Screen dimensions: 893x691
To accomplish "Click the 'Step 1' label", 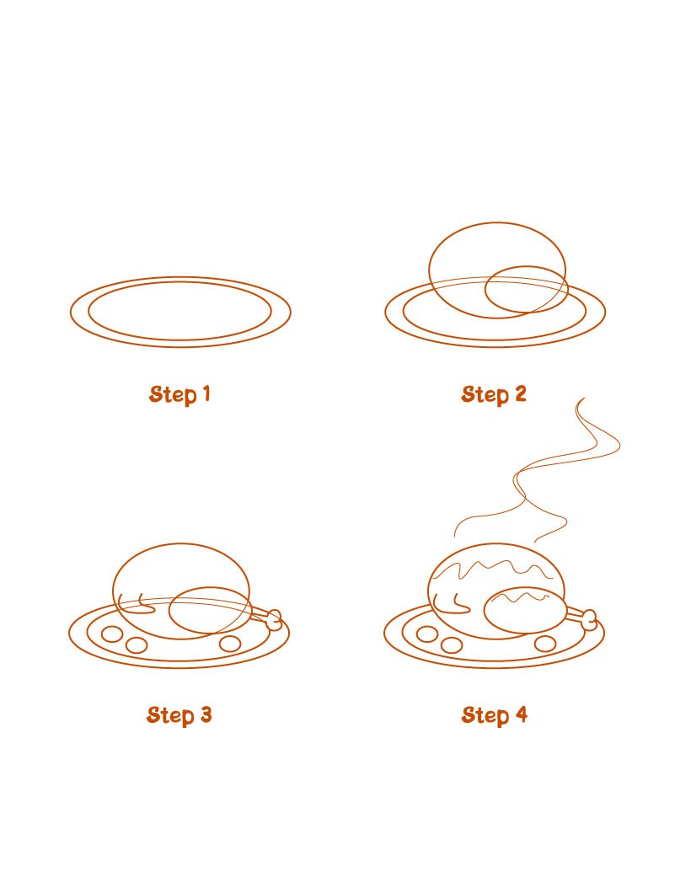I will (179, 394).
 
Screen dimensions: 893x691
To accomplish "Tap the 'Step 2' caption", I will (494, 394).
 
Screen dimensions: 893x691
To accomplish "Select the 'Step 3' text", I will (179, 715).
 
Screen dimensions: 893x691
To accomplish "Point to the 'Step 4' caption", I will (494, 715).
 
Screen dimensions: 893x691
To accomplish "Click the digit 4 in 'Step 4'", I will (521, 715).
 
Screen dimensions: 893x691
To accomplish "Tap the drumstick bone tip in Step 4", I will (589, 620).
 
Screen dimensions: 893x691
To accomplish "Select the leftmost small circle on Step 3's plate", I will (111, 634).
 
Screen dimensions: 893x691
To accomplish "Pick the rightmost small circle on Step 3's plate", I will (230, 644).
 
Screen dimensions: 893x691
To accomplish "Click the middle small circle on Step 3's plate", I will (136, 645).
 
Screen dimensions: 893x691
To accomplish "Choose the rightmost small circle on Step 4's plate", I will (546, 644).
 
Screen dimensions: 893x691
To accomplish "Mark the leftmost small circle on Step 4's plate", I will (427, 634).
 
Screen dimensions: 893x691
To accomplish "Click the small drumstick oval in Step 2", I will (524, 291).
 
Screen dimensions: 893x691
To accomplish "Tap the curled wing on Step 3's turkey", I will (135, 603).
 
